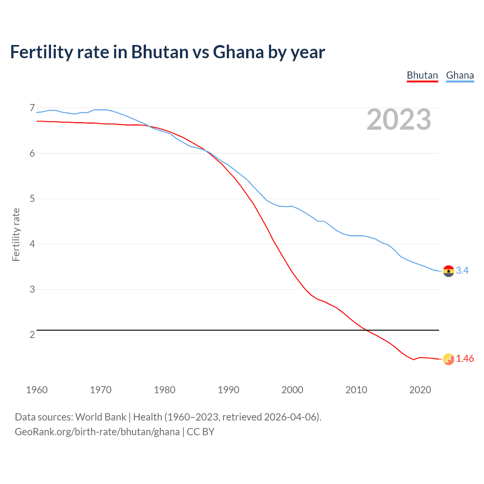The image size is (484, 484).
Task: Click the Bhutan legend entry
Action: point(422,75)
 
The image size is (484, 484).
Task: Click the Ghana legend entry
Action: point(460,75)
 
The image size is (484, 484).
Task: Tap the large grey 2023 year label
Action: point(399,119)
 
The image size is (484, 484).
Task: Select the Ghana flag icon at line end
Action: point(448,271)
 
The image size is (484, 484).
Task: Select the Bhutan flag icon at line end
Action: point(448,359)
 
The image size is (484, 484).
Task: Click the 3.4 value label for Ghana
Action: point(462,270)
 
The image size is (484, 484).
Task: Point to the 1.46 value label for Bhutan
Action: point(465,358)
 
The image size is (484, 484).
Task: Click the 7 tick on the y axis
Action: point(32,108)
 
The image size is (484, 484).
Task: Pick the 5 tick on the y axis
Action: point(32,199)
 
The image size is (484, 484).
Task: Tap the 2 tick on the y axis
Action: point(32,335)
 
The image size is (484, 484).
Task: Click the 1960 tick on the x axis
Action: point(37,390)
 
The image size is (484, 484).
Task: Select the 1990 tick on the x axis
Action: point(228,390)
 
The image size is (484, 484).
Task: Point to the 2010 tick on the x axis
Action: point(356,390)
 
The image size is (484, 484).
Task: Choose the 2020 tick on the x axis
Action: point(420,390)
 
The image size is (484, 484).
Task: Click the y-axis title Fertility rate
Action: point(16,234)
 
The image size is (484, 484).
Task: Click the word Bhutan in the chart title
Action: point(160,52)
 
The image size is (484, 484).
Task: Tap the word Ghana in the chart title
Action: point(238,52)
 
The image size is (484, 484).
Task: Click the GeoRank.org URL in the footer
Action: point(97,432)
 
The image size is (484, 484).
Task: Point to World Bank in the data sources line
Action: point(101,417)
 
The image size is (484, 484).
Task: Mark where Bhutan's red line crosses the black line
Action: point(366,330)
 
